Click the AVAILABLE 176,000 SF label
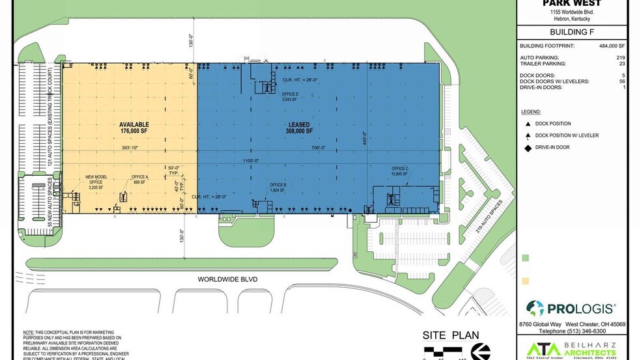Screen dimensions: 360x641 [x=134, y=128]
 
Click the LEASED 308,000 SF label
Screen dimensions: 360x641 [x=299, y=128]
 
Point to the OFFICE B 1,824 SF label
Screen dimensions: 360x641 [x=278, y=187]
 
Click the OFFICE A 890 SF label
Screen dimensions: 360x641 [x=139, y=180]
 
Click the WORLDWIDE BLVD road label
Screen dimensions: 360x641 [x=228, y=279]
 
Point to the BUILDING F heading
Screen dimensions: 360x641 [x=573, y=31]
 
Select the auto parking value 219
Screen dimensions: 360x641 [x=621, y=57]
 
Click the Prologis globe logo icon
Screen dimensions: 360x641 [x=535, y=308]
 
